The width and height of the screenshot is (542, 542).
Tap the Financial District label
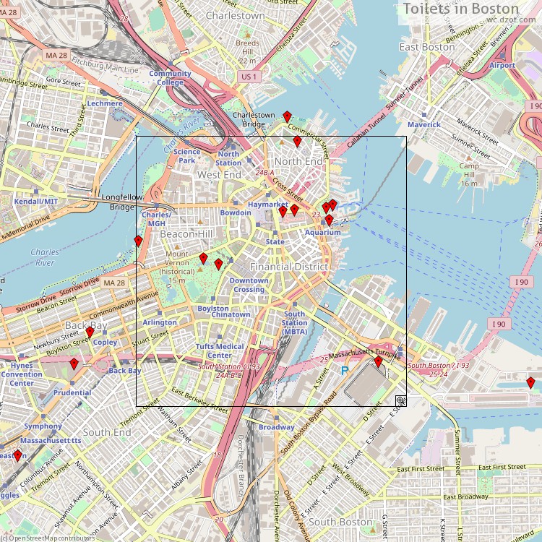289,267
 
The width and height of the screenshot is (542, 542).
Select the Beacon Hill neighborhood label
186,234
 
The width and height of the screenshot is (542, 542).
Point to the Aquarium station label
322,233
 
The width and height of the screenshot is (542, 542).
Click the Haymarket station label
268,205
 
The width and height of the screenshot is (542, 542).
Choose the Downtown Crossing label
249,285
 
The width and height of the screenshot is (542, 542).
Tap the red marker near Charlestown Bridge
287,116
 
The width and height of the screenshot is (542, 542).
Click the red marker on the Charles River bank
138,241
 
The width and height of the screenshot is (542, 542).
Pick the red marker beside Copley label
90,332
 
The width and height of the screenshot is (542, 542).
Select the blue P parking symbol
345,371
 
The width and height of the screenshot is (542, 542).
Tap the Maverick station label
423,124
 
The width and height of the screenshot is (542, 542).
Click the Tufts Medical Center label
220,350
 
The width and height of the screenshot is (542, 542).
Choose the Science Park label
186,156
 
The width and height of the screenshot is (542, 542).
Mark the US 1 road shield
249,77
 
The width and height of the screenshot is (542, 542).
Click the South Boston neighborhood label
340,522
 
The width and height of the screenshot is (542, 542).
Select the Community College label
170,78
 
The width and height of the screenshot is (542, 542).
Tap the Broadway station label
277,428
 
